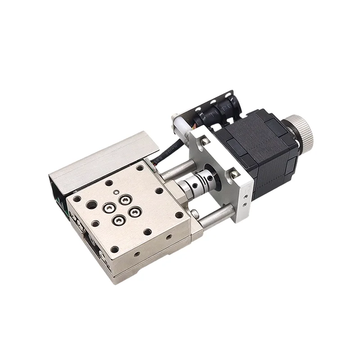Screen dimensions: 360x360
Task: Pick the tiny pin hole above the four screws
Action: click(116, 193)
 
